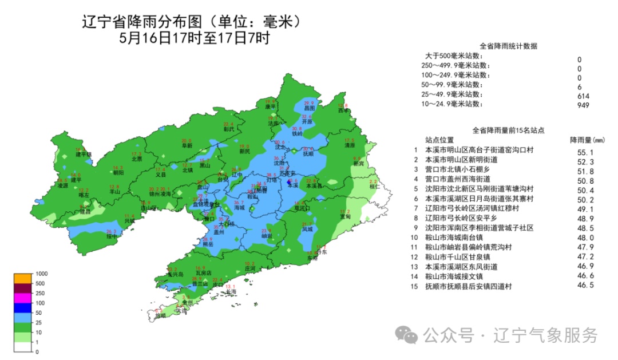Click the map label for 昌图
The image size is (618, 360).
pyautogui.click(x=310, y=108)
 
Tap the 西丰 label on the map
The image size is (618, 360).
pyautogui.click(x=343, y=110)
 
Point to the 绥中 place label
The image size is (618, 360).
pyautogui.click(x=112, y=236)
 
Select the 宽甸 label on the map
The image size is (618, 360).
pyautogui.click(x=344, y=217)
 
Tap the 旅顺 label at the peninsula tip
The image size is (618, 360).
pyautogui.click(x=160, y=315)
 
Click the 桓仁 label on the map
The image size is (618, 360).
pyautogui.click(x=374, y=186)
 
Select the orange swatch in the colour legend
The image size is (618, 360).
pyautogui.click(x=22, y=278)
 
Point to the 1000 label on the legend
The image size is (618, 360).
pyautogui.click(x=41, y=274)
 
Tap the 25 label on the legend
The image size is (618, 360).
pyautogui.click(x=38, y=322)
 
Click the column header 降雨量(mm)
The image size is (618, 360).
pyautogui.click(x=587, y=140)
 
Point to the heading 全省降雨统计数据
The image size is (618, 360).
pyautogui.click(x=508, y=46)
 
